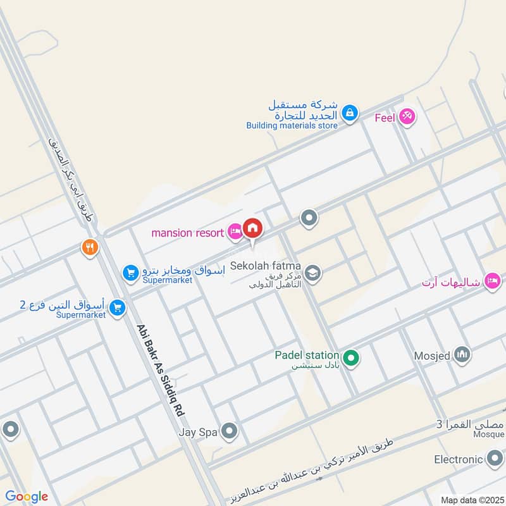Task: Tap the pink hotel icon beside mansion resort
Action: [235, 233]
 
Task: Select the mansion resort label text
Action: [187, 233]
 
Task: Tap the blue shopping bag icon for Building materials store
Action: [349, 114]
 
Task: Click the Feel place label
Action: [384, 118]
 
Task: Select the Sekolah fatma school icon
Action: [312, 273]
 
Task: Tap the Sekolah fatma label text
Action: [265, 266]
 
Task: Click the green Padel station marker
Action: [352, 359]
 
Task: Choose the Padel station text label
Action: [307, 355]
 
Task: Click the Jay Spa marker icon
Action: [229, 433]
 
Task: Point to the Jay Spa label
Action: [197, 433]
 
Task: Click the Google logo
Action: [26, 497]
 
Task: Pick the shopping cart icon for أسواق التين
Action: [116, 308]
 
